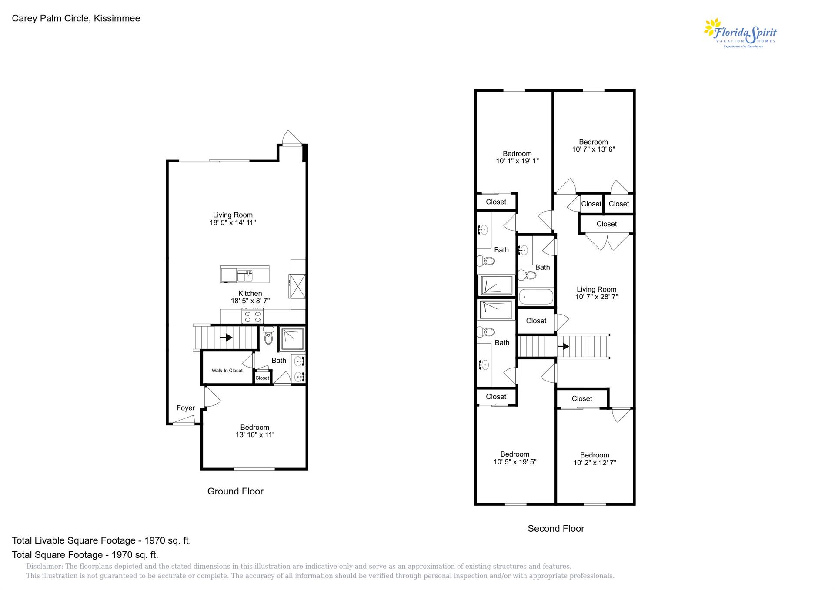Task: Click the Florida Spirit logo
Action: point(740,33)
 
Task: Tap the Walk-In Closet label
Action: point(227,371)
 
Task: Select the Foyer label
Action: point(185,408)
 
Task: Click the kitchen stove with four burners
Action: point(252,316)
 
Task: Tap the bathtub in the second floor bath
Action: point(536,297)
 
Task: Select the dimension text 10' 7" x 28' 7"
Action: point(596,297)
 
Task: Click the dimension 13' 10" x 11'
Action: point(254,435)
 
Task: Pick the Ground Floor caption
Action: point(235,491)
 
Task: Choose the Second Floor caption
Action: point(556,529)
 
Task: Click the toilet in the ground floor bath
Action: point(268,336)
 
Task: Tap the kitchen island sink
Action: point(244,275)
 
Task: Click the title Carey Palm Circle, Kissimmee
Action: point(76,18)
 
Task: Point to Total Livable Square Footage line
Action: point(101,540)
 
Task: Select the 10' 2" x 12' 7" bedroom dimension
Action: point(595,463)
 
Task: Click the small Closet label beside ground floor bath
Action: point(262,378)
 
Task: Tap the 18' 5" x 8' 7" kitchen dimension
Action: point(250,301)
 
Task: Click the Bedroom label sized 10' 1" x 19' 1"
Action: point(517,153)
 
